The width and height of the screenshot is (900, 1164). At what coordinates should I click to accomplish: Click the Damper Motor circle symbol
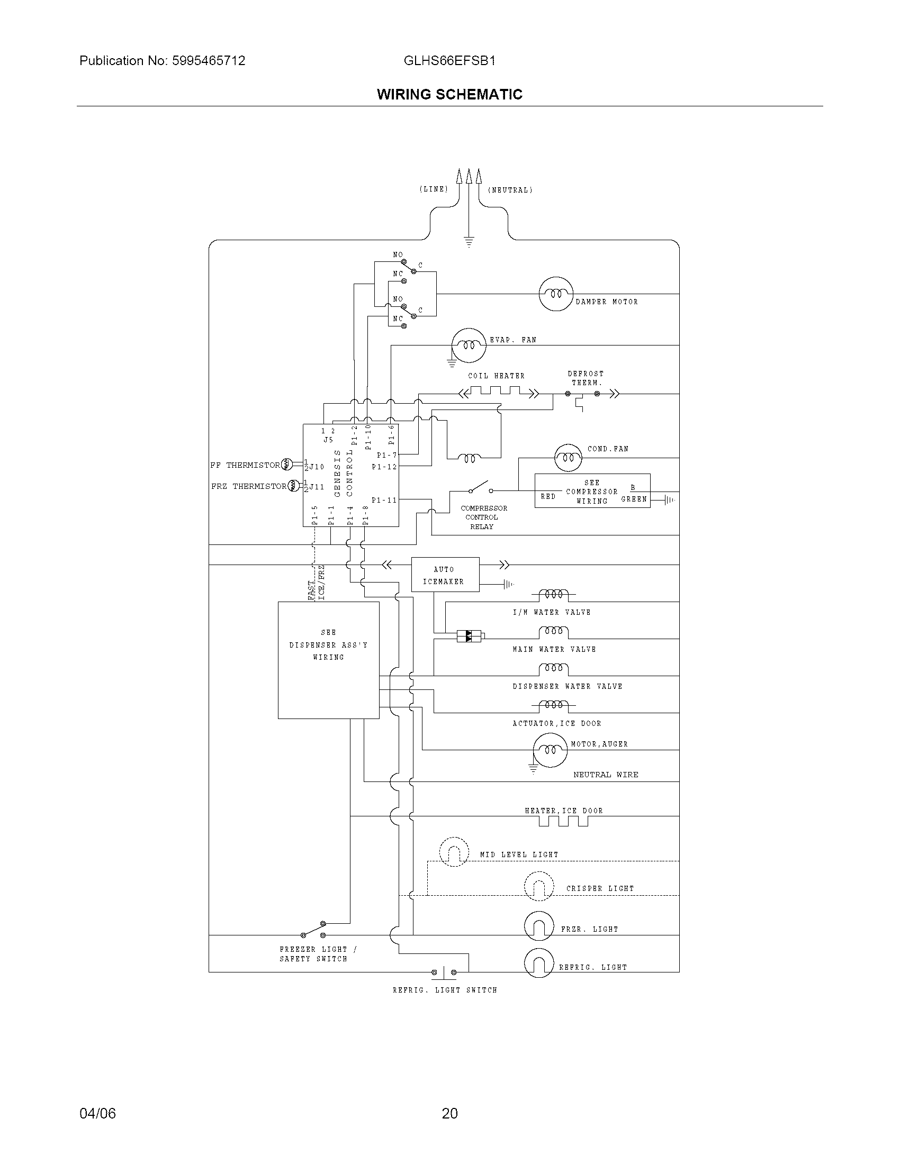(555, 294)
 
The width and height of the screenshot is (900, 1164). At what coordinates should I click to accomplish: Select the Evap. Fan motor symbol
(469, 345)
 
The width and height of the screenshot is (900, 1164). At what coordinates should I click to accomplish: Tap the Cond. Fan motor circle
(568, 457)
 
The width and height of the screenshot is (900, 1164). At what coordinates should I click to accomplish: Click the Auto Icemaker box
(445, 575)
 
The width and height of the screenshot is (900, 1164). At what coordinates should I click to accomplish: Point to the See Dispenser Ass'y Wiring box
(328, 660)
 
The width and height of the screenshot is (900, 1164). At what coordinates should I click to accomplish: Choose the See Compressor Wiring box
(592, 491)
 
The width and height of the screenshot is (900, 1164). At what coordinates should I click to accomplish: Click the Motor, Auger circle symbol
(550, 750)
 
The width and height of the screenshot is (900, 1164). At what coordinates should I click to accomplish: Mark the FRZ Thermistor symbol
(293, 486)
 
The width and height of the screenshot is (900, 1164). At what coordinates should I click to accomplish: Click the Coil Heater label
(496, 376)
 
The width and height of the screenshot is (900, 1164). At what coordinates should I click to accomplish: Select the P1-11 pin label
(384, 500)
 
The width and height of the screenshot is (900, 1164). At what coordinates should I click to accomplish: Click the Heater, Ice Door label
(564, 811)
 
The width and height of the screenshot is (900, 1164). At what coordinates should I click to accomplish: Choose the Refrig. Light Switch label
(445, 990)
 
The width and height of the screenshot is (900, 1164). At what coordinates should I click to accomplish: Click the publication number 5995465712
(209, 61)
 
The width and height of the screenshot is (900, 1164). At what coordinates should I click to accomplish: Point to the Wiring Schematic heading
(449, 94)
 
